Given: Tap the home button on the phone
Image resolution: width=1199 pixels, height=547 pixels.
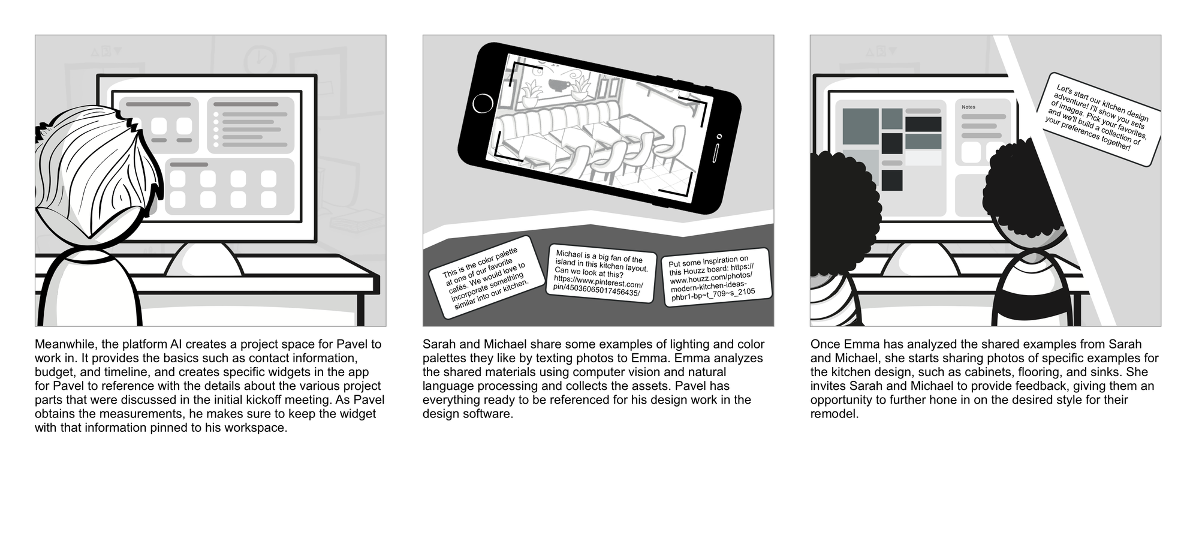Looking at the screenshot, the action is (x=483, y=104).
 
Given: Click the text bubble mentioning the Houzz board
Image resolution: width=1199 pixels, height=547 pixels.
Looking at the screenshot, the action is (x=716, y=277).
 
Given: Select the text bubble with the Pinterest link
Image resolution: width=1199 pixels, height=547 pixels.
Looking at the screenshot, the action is (x=601, y=273).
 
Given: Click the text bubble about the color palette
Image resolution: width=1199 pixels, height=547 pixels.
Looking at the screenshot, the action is (x=486, y=277).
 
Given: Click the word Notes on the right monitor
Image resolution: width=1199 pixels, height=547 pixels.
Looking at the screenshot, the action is (x=968, y=107).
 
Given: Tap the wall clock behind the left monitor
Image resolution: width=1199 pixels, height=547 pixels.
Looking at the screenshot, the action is (x=259, y=58).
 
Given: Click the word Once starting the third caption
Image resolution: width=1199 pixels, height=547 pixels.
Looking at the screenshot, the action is (x=826, y=345).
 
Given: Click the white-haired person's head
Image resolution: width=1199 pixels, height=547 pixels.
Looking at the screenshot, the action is (x=99, y=171).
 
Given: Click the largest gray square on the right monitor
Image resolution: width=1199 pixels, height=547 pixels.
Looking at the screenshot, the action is (x=860, y=126).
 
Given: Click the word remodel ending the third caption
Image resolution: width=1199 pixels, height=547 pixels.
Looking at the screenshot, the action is (x=835, y=414).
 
